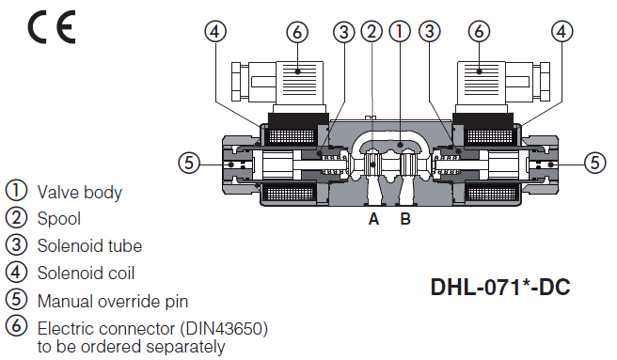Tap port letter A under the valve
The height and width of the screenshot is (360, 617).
[x=373, y=220]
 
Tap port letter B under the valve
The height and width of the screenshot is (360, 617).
[x=405, y=220]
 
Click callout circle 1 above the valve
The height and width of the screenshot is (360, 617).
[x=401, y=31]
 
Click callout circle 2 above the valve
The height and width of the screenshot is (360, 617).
[x=372, y=31]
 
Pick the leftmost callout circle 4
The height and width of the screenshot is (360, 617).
[x=216, y=31]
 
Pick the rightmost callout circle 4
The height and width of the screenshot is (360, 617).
[x=562, y=31]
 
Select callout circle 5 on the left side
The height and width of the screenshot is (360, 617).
[x=191, y=163]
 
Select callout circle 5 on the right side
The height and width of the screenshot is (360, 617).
[x=594, y=163]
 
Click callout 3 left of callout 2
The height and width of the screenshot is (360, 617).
[x=344, y=31]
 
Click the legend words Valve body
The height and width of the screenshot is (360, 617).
[x=80, y=192]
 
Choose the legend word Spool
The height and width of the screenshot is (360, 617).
[x=59, y=219]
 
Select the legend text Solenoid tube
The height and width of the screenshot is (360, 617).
[x=90, y=246]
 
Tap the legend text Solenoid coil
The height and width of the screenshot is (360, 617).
[x=87, y=274]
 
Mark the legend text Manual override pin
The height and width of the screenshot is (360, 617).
[x=113, y=302]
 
